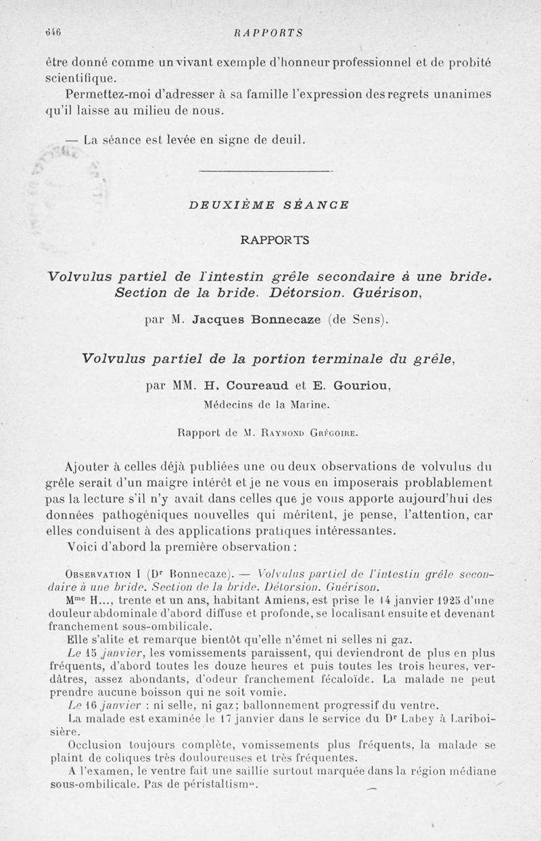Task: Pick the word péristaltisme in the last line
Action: pyautogui.click(x=215, y=785)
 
